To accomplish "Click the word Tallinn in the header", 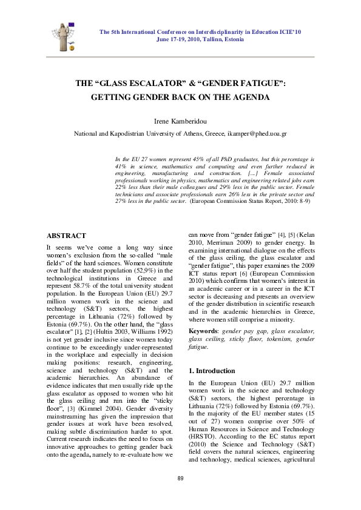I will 212,39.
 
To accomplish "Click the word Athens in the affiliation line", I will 191,133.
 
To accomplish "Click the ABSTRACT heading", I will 66,236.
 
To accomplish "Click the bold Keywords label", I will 203,331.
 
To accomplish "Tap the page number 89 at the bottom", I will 180,479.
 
